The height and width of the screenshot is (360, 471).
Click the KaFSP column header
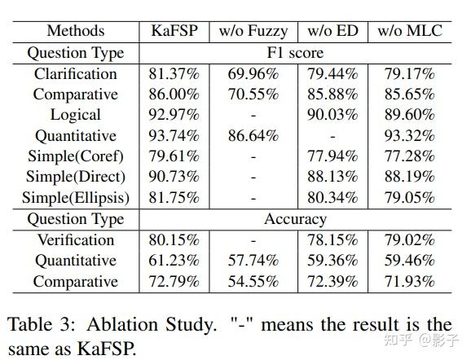tap(174, 32)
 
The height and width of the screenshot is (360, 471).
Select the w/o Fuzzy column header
tap(253, 32)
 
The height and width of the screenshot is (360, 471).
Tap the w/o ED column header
tap(333, 32)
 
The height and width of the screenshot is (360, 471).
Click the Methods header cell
tap(76, 32)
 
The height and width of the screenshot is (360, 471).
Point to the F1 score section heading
tap(296, 53)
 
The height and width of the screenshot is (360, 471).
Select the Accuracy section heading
tap(296, 219)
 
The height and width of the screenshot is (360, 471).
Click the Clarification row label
tap(76, 74)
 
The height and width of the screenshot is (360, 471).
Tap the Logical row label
tap(76, 115)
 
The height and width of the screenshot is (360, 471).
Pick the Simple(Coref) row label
tap(76, 156)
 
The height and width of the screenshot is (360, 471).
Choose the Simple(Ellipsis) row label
tap(76, 198)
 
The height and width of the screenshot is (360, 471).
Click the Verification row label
tap(76, 240)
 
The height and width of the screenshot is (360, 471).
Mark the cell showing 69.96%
tap(253, 74)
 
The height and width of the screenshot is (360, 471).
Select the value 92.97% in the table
tap(174, 115)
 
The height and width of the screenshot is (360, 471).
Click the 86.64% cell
tap(253, 136)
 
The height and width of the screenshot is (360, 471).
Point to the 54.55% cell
tap(253, 282)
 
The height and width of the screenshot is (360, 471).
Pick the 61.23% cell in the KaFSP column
tap(174, 261)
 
